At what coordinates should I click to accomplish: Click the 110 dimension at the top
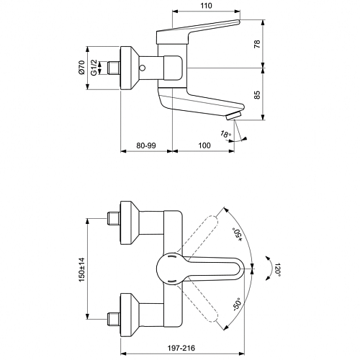206,6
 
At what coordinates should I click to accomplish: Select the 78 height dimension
257,44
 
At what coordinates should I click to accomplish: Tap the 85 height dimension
257,95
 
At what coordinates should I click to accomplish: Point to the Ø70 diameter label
81,67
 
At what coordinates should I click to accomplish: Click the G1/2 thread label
94,68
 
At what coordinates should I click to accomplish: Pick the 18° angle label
225,134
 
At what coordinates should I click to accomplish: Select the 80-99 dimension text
146,145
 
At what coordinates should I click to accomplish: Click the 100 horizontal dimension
204,145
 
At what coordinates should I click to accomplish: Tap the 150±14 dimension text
81,269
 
